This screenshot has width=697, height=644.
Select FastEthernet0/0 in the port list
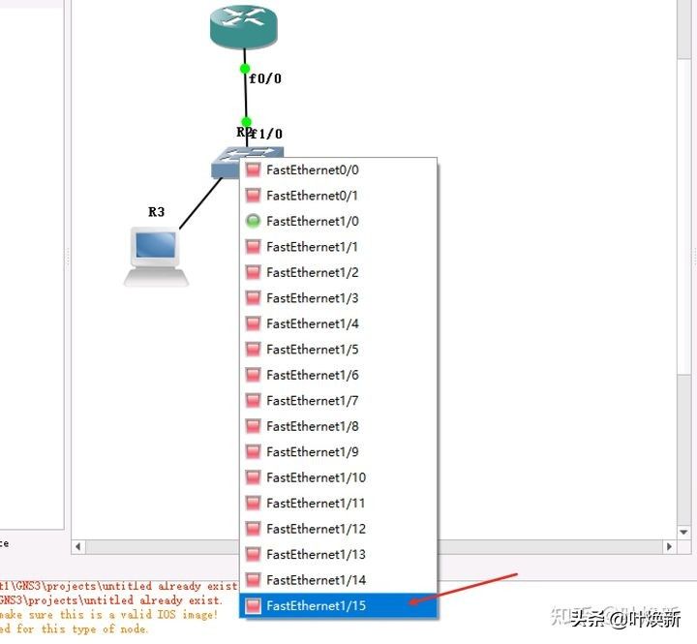tap(313, 169)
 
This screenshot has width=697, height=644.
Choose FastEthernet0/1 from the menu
tap(313, 196)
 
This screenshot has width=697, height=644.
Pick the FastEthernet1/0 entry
tap(313, 221)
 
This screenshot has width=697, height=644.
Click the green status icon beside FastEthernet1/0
tap(253, 221)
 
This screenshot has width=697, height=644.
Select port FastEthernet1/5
tap(313, 350)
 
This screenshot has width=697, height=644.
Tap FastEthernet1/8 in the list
tap(313, 426)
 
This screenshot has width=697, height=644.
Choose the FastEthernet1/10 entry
tap(316, 477)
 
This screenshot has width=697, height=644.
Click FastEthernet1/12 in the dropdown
tap(316, 529)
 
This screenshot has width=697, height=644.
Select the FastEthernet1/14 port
tap(316, 580)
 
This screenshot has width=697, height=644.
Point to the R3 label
tap(156, 211)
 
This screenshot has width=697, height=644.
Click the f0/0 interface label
tap(265, 78)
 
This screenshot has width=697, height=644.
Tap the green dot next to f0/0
tap(246, 69)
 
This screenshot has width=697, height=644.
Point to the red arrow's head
tap(410, 604)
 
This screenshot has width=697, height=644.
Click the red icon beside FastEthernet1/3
tap(253, 298)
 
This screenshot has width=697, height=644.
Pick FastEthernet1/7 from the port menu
tap(313, 401)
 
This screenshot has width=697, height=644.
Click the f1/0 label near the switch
tap(267, 134)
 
